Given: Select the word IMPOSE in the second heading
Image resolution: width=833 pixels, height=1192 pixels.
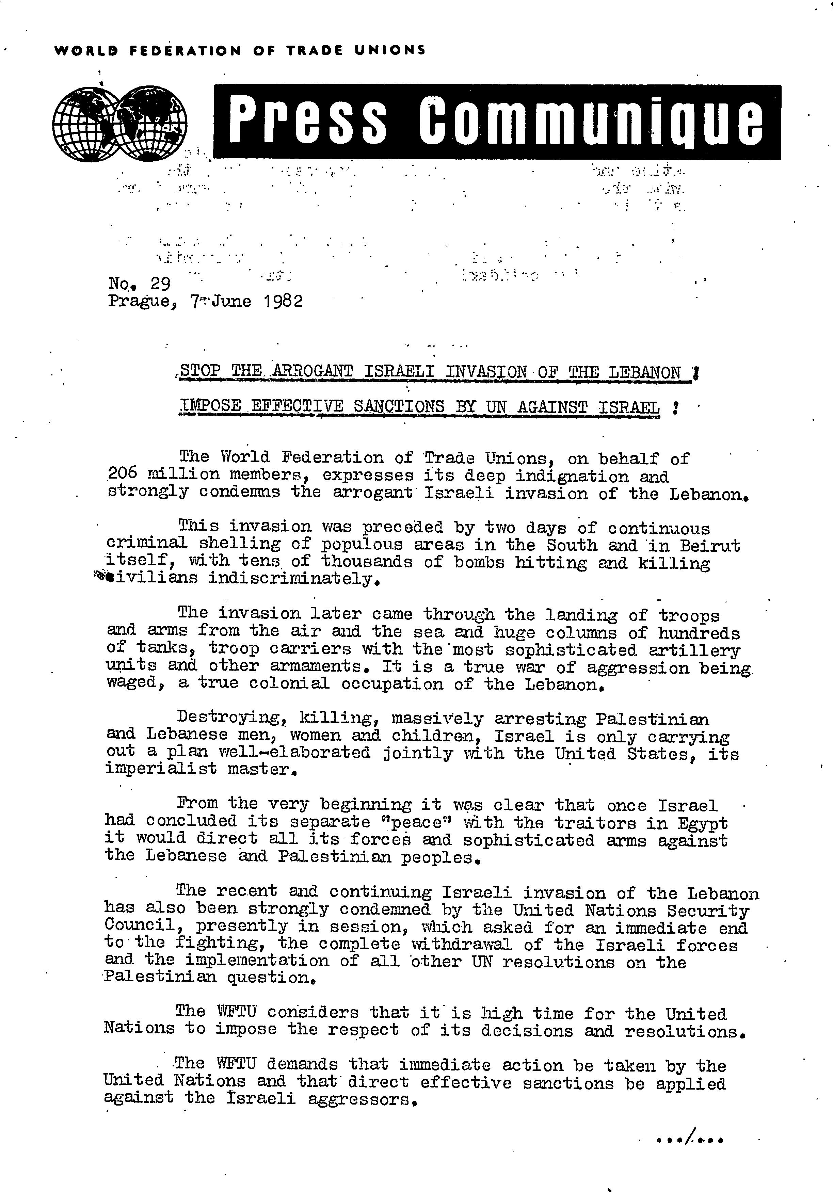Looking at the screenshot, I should [209, 406].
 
